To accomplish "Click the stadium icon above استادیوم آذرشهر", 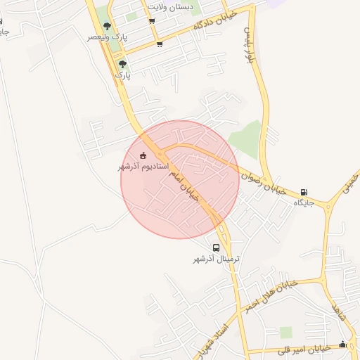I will pyautogui.click(x=143, y=155).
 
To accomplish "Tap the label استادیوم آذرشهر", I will pyautogui.click(x=139, y=167).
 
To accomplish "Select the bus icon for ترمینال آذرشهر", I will pyautogui.click(x=216, y=247).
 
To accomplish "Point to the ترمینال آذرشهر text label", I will pyautogui.click(x=217, y=259).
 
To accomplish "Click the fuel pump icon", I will pyautogui.click(x=304, y=191).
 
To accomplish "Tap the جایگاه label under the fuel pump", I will pyautogui.click(x=303, y=202).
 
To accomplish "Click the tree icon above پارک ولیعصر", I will pyautogui.click(x=107, y=26).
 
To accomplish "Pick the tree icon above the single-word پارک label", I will pyautogui.click(x=123, y=63).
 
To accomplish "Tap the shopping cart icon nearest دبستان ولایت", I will pyautogui.click(x=153, y=20).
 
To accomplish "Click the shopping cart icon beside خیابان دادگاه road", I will pyautogui.click(x=160, y=44).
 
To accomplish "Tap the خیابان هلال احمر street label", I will pyautogui.click(x=272, y=294).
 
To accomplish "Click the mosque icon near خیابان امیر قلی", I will pyautogui.click(x=342, y=344).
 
